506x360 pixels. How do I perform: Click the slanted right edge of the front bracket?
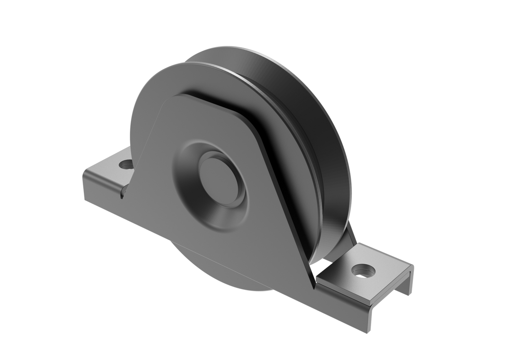click(288, 200)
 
